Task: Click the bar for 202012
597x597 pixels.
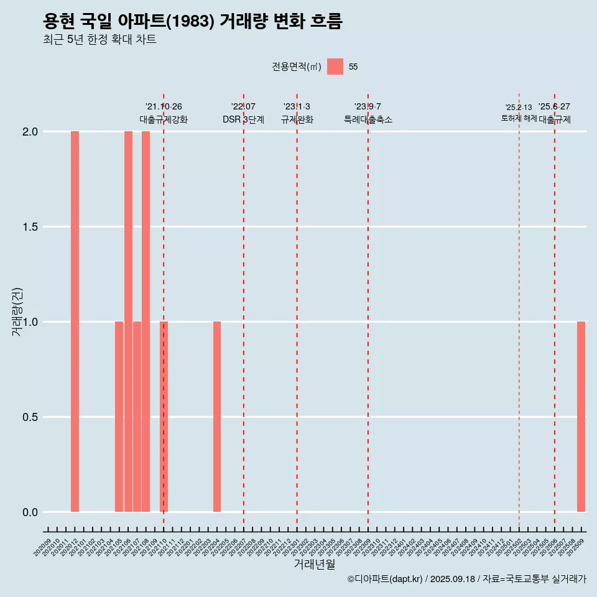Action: [75, 322]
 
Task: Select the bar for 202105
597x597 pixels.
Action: [119, 417]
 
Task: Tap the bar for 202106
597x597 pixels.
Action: [128, 322]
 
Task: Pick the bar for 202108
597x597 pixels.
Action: [146, 322]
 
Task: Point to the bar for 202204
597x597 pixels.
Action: [217, 417]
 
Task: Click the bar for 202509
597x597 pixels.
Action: [581, 417]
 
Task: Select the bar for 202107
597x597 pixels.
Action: [137, 417]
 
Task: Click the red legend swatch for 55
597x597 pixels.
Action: [335, 67]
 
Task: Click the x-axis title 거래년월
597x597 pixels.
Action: [314, 564]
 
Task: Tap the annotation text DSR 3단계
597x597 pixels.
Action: [243, 119]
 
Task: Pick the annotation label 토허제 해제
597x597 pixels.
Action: [519, 118]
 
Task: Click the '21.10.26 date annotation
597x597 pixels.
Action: [164, 107]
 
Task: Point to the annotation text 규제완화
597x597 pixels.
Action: [297, 119]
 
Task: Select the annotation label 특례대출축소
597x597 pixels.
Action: [368, 119]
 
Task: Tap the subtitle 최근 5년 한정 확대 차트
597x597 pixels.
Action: [99, 40]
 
